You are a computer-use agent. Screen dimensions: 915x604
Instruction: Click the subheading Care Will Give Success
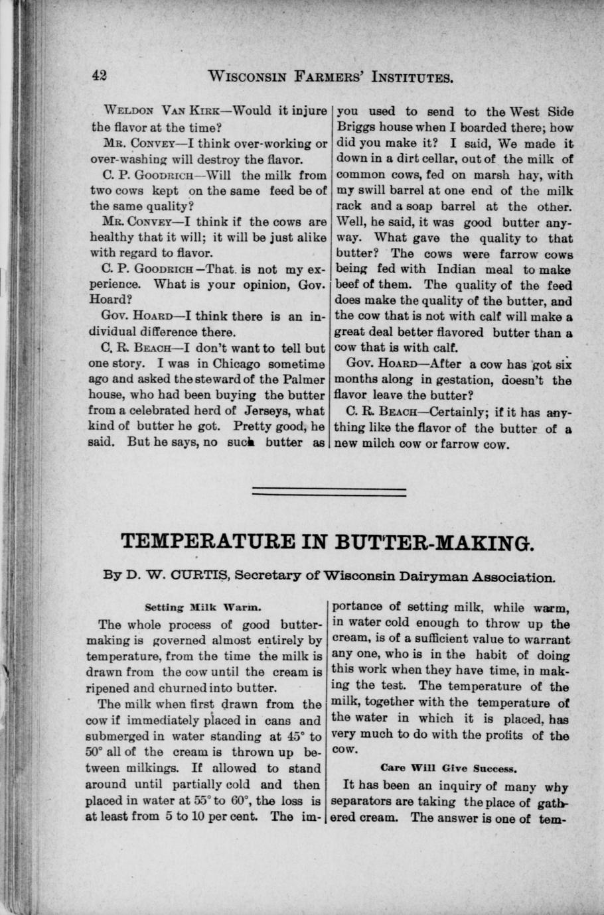tap(449, 768)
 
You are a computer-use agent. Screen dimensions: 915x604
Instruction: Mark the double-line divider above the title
tap(330, 491)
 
